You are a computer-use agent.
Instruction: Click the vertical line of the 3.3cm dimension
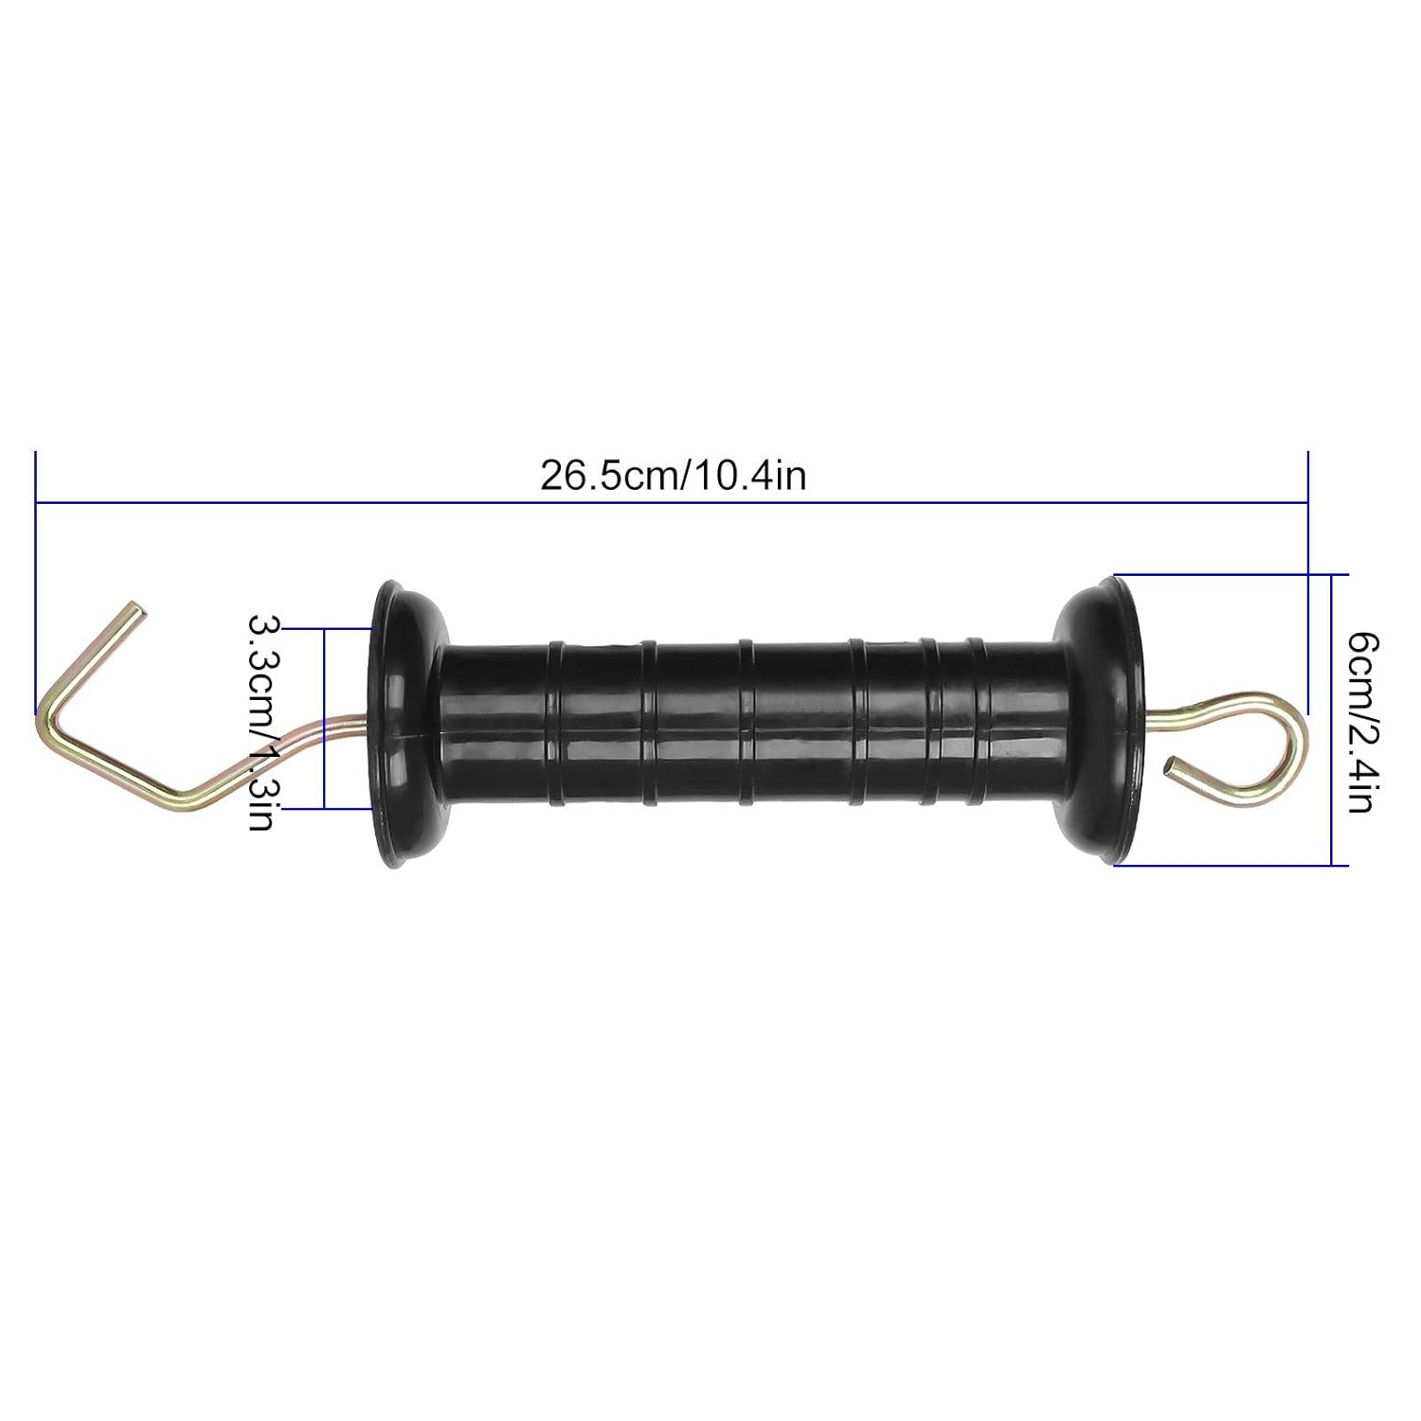pyautogui.click(x=324, y=717)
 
